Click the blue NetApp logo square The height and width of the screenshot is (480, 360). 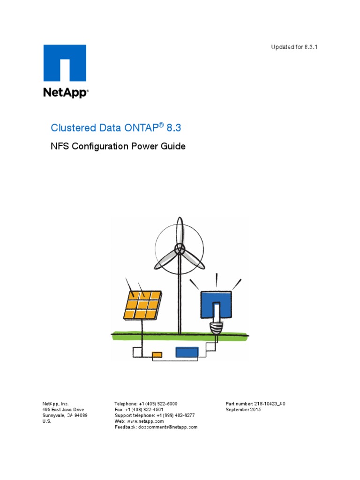click(x=65, y=63)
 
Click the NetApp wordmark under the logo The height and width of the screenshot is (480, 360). click(x=65, y=92)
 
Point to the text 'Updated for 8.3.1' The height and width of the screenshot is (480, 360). click(x=294, y=47)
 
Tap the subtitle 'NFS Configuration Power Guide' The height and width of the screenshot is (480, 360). click(x=118, y=146)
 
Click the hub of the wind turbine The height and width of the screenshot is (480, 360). click(x=179, y=248)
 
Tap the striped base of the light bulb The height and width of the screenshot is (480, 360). click(x=216, y=327)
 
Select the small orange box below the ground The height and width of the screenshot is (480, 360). click(x=157, y=354)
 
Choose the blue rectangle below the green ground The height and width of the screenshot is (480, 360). click(x=187, y=352)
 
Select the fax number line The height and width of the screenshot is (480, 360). click(x=139, y=409)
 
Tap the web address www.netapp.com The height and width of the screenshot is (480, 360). click(x=144, y=421)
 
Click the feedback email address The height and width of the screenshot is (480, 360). click(x=168, y=427)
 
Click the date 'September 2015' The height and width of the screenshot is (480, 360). click(x=243, y=409)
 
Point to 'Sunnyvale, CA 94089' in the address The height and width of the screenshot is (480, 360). click(x=65, y=415)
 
